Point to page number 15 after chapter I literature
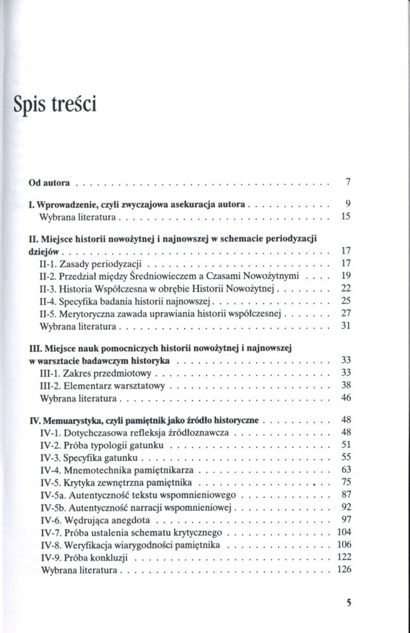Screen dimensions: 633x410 (x=346, y=216)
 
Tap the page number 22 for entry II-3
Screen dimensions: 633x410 (x=346, y=287)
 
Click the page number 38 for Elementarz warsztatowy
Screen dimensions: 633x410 (x=346, y=385)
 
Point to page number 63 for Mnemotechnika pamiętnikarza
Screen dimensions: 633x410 (x=346, y=470)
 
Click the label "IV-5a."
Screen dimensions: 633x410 (x=53, y=494)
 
